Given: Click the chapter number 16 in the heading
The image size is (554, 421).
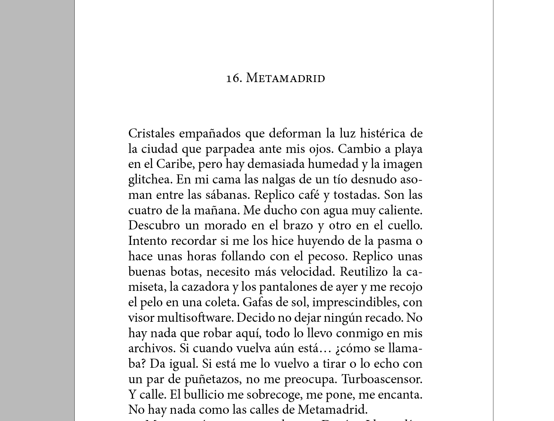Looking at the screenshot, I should tap(234, 78).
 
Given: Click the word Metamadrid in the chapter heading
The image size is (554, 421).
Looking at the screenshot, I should tap(286, 78).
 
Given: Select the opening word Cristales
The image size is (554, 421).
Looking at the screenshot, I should tap(152, 133).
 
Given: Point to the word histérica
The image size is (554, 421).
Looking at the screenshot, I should tap(383, 133).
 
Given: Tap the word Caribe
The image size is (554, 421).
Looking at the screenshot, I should tap(175, 164).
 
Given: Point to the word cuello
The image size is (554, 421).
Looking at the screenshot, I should tap(405, 226).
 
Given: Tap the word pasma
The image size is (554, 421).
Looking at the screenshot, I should tap(388, 241).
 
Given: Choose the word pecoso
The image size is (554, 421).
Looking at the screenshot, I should tap(327, 256).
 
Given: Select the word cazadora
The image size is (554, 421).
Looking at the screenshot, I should tap(205, 287).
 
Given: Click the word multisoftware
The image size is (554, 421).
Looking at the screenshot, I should tap(195, 318).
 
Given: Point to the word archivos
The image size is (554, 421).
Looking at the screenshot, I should tap(152, 348).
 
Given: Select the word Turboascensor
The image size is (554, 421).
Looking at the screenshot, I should tap(382, 379).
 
